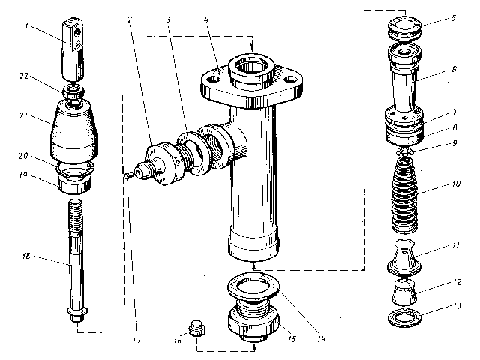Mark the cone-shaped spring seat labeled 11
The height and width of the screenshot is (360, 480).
[x=405, y=259]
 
